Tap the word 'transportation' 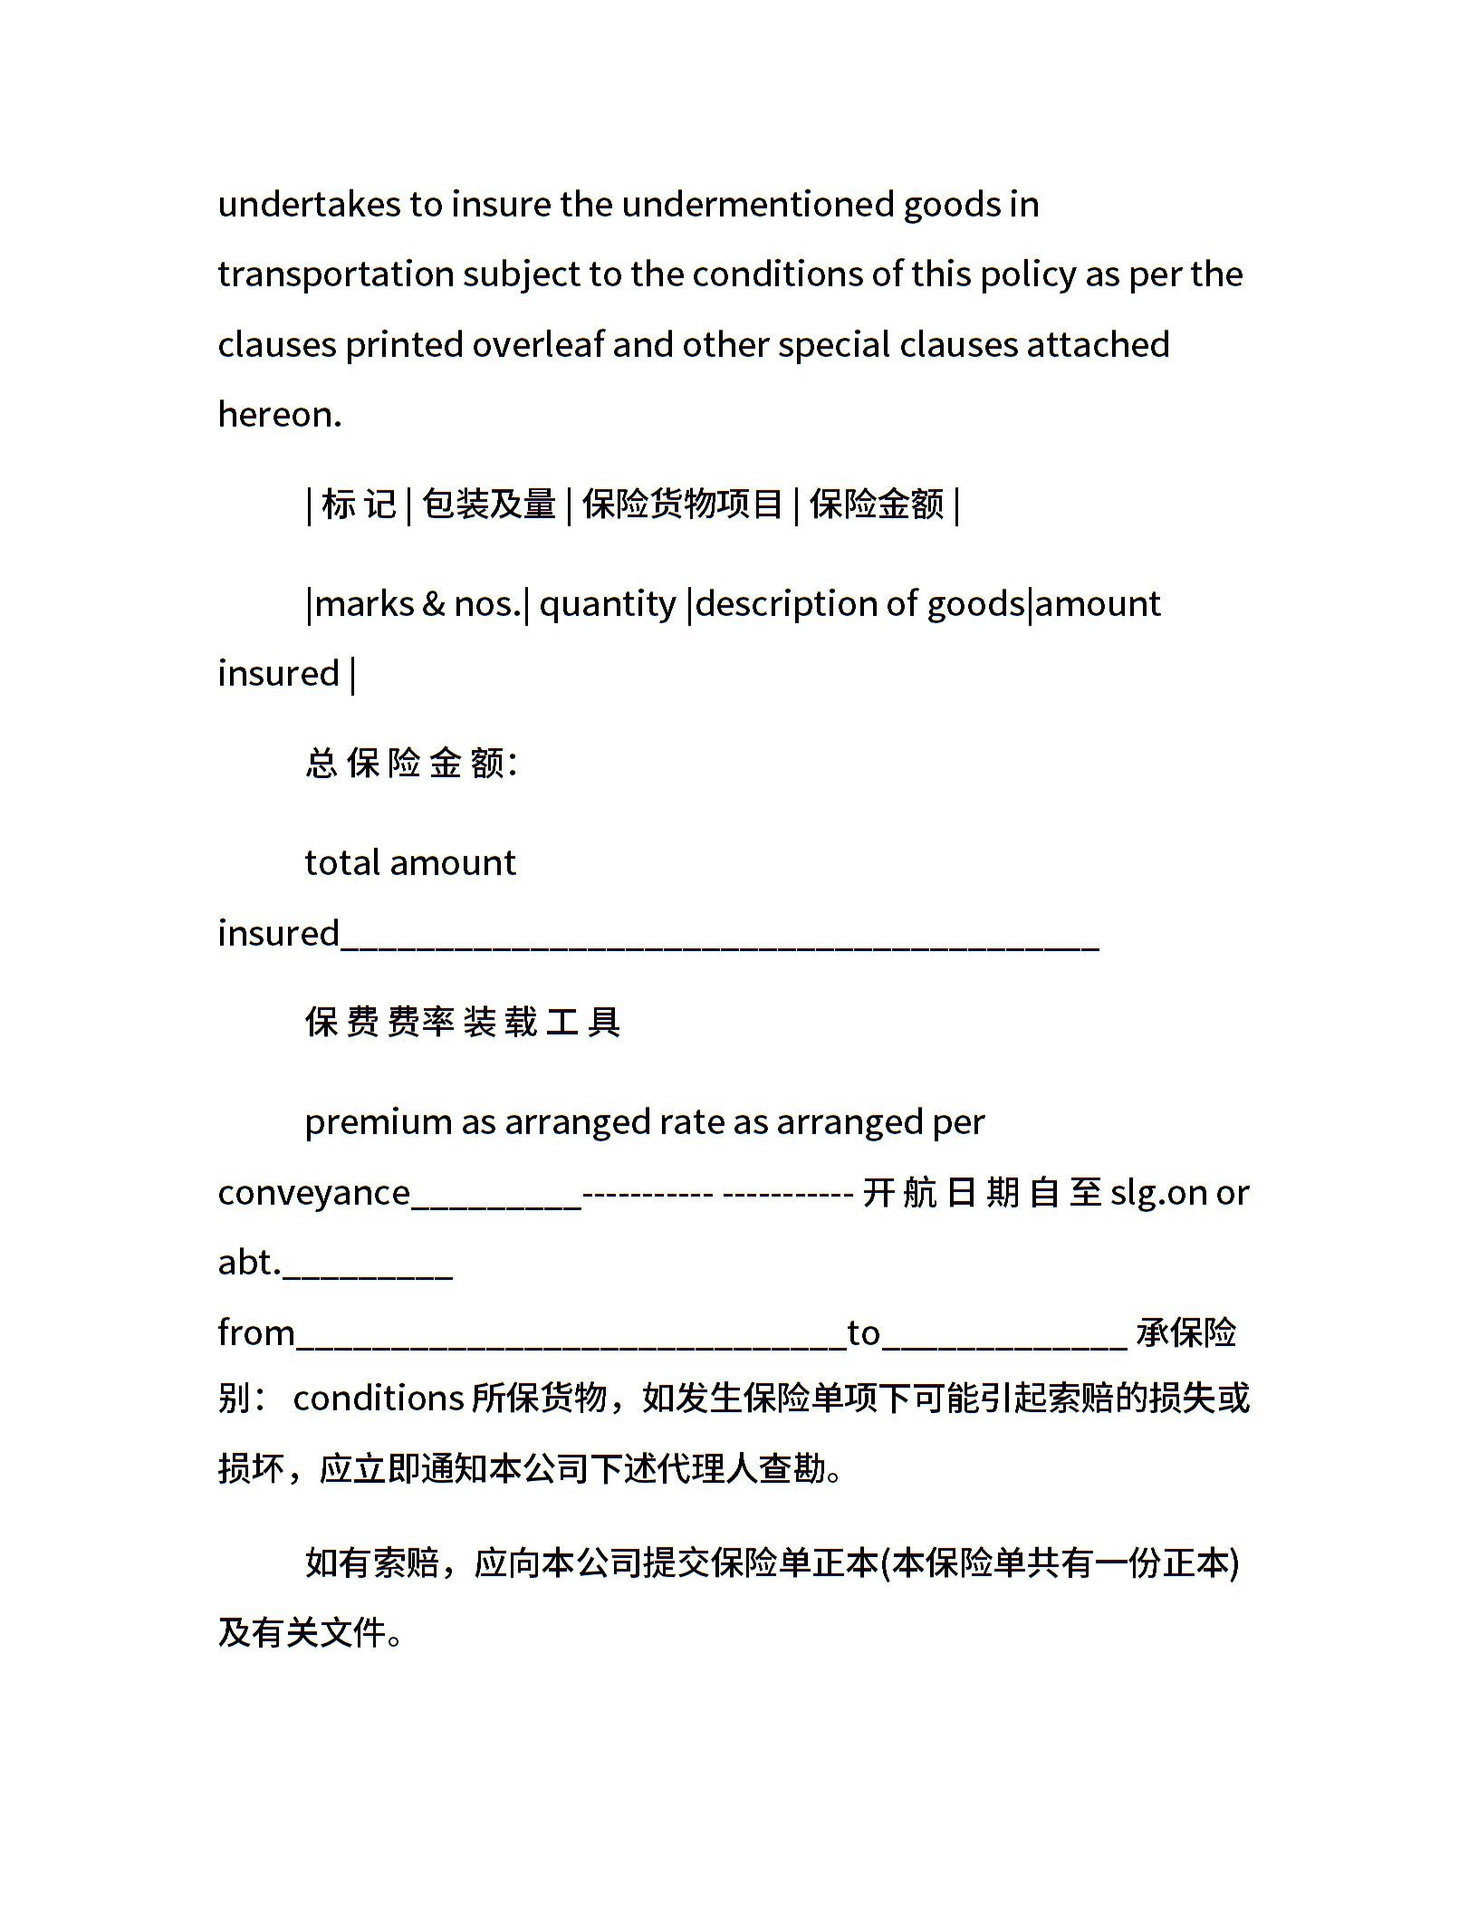pyautogui.click(x=335, y=274)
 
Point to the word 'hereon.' pyautogui.click(x=280, y=415)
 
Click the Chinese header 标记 pyautogui.click(x=359, y=505)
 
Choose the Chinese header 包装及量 pyautogui.click(x=489, y=505)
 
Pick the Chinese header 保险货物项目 pyautogui.click(x=683, y=505)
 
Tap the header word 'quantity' pyautogui.click(x=608, y=604)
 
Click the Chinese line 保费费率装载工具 pyautogui.click(x=463, y=1023)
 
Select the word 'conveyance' pyautogui.click(x=313, y=1194)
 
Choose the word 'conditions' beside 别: pyautogui.click(x=379, y=1399)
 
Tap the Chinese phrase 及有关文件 pyautogui.click(x=302, y=1633)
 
